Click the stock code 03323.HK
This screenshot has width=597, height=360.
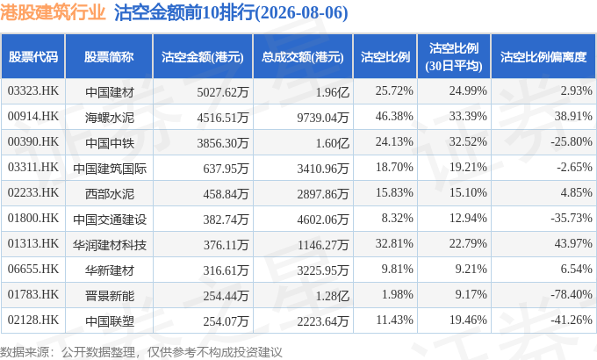33,90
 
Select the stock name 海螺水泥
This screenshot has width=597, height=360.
110,118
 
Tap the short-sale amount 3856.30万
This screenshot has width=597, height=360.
223,143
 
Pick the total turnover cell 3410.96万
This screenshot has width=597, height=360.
323,169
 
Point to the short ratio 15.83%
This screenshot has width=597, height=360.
394,192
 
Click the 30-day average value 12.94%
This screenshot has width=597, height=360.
468,218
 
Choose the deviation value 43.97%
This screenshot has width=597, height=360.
573,243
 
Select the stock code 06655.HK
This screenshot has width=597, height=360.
33,269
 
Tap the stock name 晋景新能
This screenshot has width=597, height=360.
110,296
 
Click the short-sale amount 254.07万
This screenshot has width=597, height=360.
226,321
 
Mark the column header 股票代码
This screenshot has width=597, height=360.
33,57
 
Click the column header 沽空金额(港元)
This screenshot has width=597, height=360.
203,57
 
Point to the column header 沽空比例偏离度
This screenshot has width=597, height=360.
543,57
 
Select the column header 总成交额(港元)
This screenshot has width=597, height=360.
303,57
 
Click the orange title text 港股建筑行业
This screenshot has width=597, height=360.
53,12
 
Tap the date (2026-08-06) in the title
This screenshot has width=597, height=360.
301,13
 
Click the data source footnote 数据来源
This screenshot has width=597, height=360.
25,352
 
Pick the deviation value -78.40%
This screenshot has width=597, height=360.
572,294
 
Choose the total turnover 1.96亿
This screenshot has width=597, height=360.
333,92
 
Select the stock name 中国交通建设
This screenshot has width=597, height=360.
110,220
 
